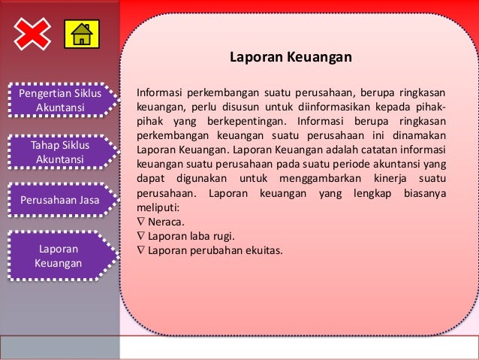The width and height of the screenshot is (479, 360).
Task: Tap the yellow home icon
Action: (x=81, y=35)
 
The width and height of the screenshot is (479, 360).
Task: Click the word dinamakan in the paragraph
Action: (x=418, y=135)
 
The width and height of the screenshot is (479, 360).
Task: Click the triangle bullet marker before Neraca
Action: (x=140, y=222)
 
